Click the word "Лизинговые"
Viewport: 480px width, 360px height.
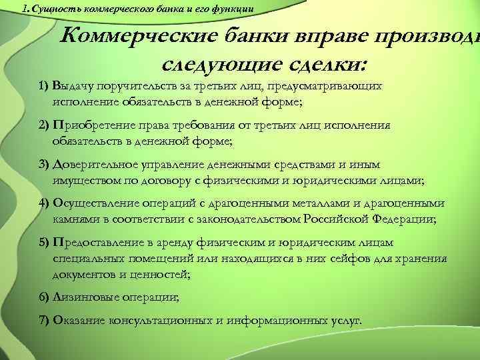(x=83, y=297)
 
